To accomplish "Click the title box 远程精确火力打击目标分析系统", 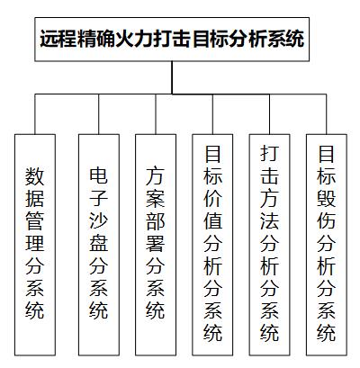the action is point(172,40).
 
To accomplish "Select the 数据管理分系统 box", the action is point(35,245).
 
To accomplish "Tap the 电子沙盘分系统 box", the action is point(99,245).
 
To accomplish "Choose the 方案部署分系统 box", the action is point(156,245).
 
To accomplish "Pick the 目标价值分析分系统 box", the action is point(212,245).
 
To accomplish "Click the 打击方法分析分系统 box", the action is point(269,245).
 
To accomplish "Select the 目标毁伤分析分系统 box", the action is point(327,245).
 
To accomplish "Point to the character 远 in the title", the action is point(49,39).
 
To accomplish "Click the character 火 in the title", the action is point(124,39).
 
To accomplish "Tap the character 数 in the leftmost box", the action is point(35,176).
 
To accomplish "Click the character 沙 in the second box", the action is point(99,220).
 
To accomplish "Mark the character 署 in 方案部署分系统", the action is point(156,243).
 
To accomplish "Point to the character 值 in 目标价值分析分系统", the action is point(212,220).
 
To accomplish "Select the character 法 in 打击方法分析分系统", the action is point(269,220).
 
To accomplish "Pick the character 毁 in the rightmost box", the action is point(327,198).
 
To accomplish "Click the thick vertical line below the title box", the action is point(172,77).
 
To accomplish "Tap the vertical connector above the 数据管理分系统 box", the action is point(35,114).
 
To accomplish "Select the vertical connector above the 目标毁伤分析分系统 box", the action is point(327,114).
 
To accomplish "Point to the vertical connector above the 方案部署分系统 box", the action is point(156,114).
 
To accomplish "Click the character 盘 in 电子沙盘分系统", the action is point(99,242).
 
